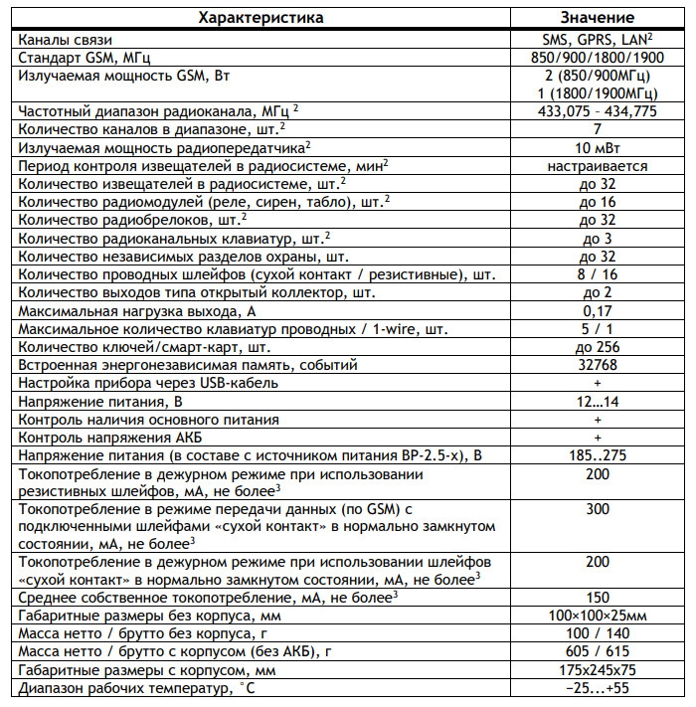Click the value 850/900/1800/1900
(x=598, y=57)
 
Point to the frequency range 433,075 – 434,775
(x=598, y=111)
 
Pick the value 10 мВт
(x=598, y=147)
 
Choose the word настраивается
(x=598, y=166)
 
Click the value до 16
(x=598, y=202)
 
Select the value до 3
(x=598, y=238)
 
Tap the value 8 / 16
(x=598, y=273)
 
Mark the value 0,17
(x=598, y=310)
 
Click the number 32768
(x=598, y=364)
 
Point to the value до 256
(x=598, y=346)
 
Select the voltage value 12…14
(x=598, y=400)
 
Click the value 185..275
(x=598, y=454)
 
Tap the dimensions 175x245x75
(x=598, y=668)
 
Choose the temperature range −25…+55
(x=598, y=687)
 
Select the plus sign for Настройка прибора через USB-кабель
(x=598, y=382)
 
